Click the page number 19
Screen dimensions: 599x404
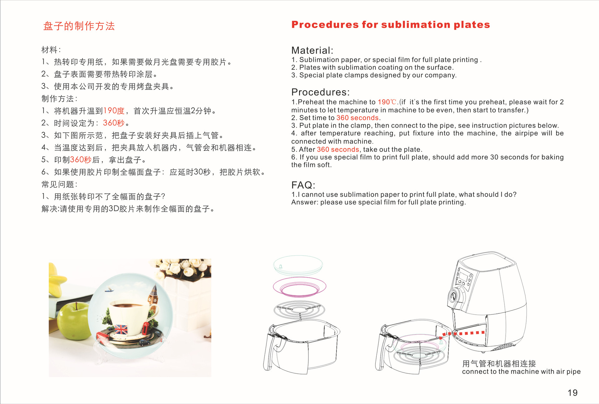(572, 392)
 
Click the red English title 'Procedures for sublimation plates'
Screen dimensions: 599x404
(390, 25)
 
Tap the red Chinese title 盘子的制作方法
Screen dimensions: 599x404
(79, 26)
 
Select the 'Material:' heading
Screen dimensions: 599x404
(312, 50)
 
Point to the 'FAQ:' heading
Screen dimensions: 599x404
(303, 185)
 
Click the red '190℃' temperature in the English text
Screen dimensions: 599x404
(387, 102)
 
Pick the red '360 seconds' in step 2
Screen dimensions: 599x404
(357, 118)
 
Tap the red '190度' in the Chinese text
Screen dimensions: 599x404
(114, 111)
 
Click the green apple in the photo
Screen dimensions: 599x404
(74, 321)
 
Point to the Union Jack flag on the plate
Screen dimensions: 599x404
(121, 329)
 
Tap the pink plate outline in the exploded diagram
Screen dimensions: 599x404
(299, 286)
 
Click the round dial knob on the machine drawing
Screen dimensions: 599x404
(453, 296)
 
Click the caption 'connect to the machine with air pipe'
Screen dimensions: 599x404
(521, 372)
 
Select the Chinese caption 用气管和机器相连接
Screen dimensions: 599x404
(499, 363)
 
